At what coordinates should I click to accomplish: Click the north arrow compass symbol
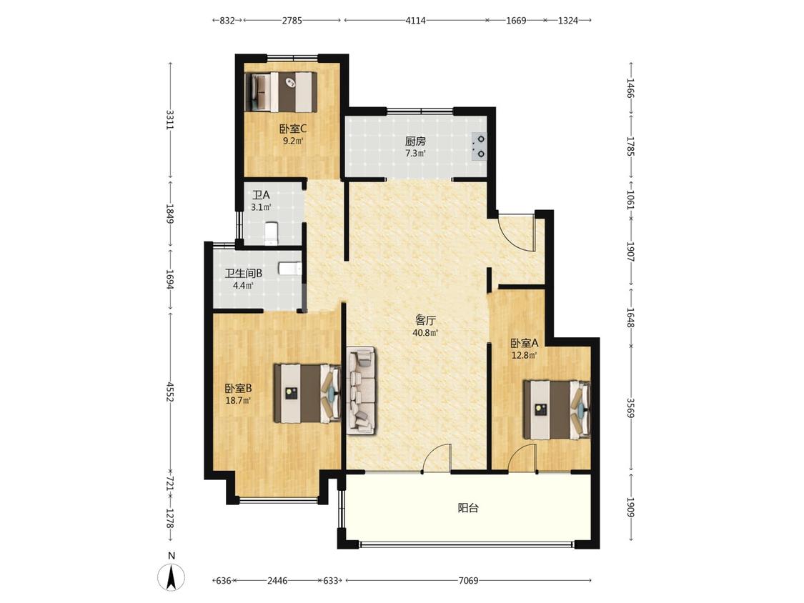(172, 576)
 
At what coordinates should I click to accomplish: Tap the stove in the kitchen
(480, 146)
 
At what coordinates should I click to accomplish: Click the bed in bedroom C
(281, 91)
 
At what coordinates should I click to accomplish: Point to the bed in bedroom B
(307, 393)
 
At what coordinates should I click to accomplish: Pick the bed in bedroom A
(557, 409)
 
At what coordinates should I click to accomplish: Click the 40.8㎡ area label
(426, 333)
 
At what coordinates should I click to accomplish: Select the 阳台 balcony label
(468, 508)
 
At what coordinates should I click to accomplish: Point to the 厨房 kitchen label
(415, 141)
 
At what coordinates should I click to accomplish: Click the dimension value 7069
(468, 580)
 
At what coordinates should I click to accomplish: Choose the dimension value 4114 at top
(415, 21)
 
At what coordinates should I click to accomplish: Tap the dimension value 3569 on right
(630, 408)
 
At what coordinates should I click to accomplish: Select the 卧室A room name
(524, 342)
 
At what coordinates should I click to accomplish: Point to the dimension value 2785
(292, 21)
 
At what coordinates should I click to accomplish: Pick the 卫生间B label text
(244, 274)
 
